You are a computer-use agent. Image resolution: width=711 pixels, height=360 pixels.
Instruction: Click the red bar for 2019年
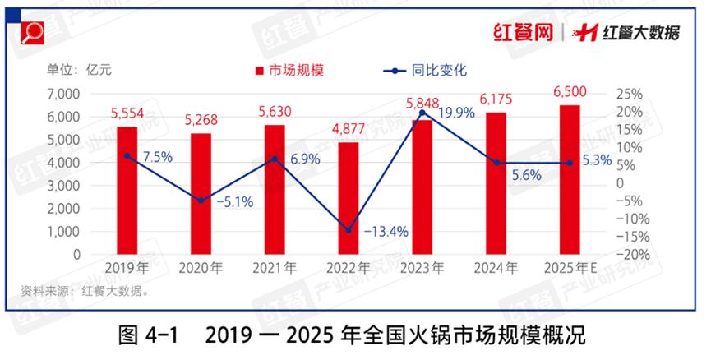(x=127, y=191)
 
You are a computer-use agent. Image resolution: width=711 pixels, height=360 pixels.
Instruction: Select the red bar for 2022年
(x=349, y=198)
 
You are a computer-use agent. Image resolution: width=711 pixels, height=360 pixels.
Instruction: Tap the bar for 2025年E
(x=570, y=180)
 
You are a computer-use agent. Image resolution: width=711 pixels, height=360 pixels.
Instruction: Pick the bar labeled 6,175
(x=496, y=183)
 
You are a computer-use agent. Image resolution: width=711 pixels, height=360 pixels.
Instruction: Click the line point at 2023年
(x=422, y=113)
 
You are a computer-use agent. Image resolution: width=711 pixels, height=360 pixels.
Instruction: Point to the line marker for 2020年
(x=201, y=201)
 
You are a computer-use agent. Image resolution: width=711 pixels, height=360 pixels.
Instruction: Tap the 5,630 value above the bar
(x=275, y=113)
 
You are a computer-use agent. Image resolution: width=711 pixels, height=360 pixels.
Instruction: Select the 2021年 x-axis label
(x=275, y=268)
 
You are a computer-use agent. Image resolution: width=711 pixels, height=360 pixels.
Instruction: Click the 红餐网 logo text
(x=522, y=32)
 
